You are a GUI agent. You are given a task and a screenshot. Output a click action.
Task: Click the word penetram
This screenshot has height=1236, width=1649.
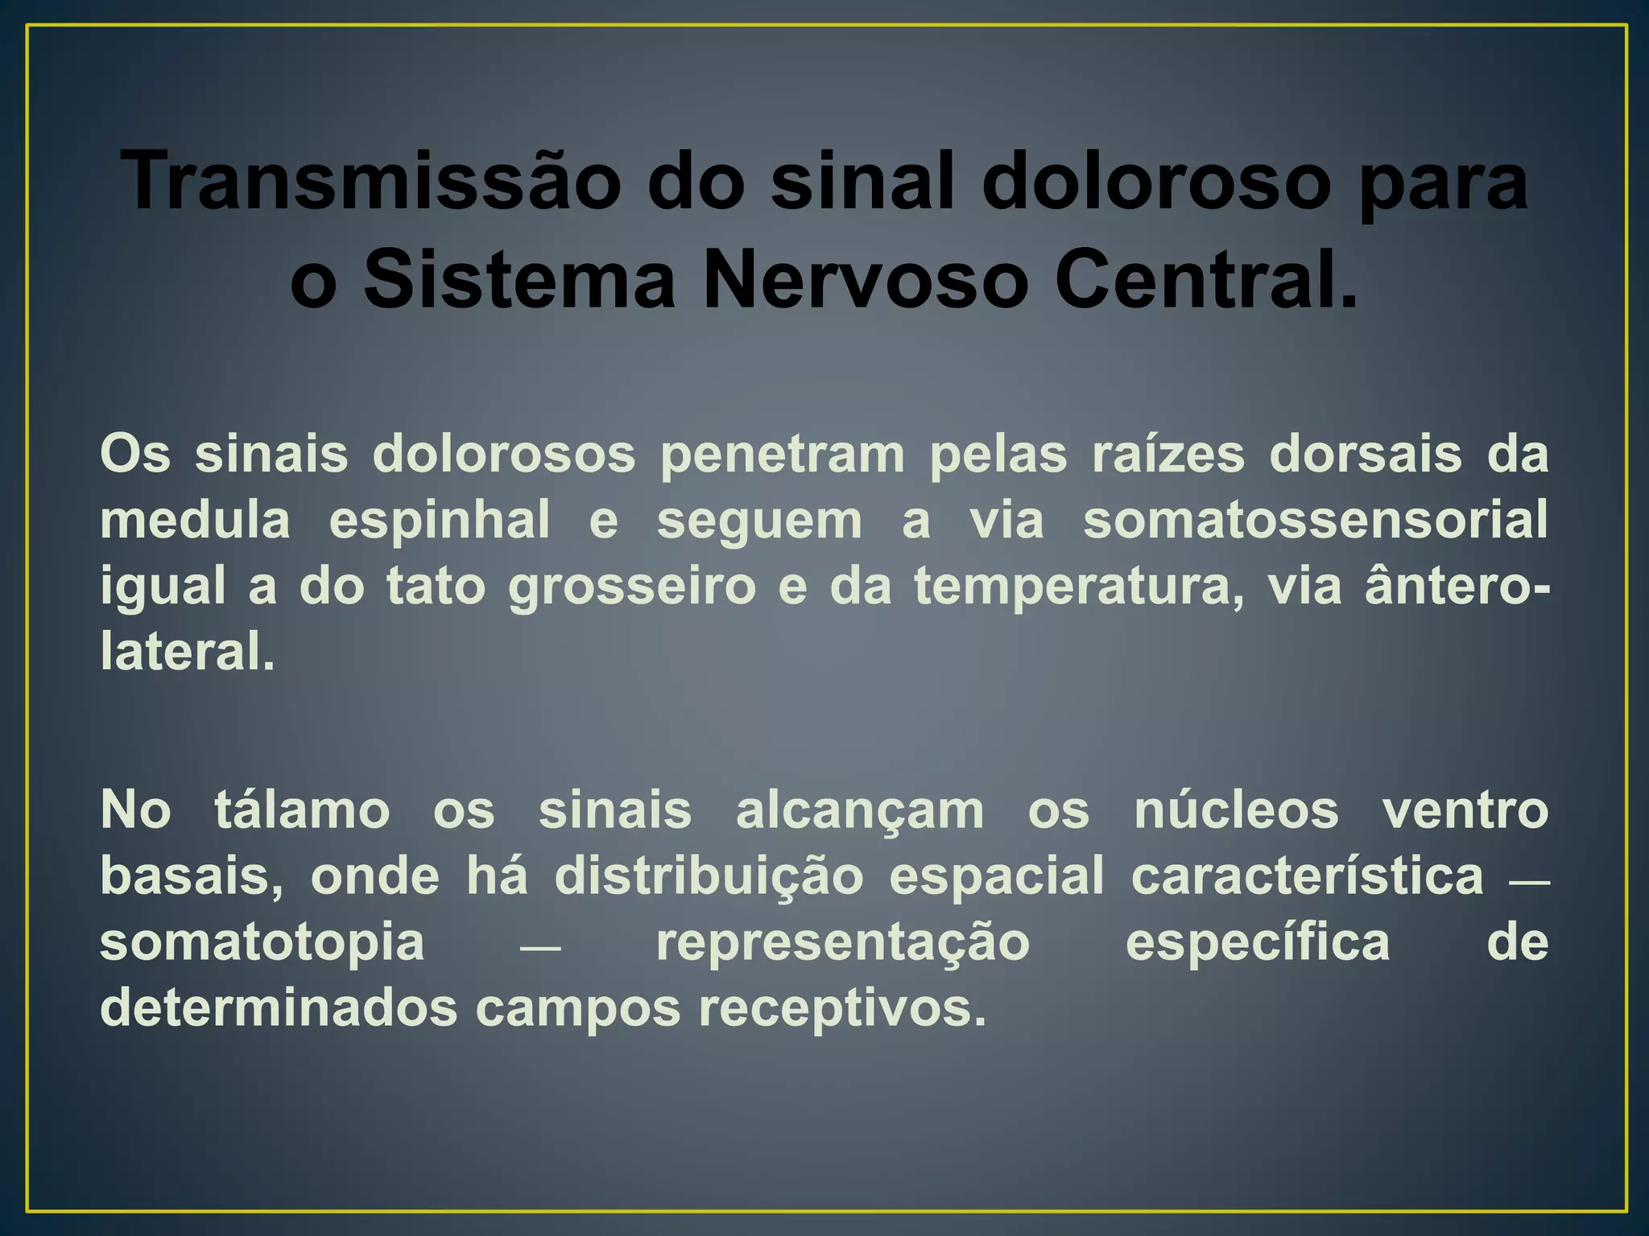pyautogui.click(x=783, y=455)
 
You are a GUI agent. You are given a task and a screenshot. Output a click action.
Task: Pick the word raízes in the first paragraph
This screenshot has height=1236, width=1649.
pyautogui.click(x=1168, y=454)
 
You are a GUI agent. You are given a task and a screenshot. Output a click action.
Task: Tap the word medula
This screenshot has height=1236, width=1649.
pyautogui.click(x=195, y=520)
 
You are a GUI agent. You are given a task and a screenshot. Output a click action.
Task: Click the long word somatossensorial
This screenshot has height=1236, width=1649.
pyautogui.click(x=1316, y=520)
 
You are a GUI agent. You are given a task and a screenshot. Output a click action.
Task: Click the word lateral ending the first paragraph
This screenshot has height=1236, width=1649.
pyautogui.click(x=187, y=651)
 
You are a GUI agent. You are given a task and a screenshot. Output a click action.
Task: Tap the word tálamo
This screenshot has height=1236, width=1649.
pyautogui.click(x=302, y=810)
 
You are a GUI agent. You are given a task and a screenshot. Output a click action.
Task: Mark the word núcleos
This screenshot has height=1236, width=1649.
pyautogui.click(x=1236, y=810)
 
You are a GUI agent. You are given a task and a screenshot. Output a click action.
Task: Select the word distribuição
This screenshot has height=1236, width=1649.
pyautogui.click(x=709, y=876)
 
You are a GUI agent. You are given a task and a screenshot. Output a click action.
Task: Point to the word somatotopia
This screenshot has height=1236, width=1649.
pyautogui.click(x=262, y=942)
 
